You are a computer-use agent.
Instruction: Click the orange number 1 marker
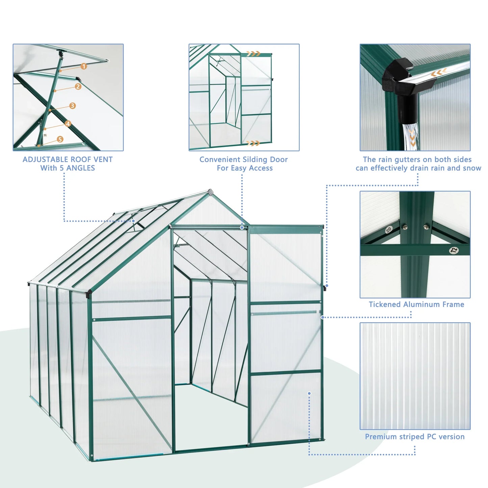84,67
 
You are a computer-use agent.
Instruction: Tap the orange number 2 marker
78,86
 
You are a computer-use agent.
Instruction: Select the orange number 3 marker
72,106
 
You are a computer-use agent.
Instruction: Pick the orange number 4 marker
68,124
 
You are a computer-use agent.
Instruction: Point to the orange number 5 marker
60,139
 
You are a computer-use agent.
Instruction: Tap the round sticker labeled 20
389,230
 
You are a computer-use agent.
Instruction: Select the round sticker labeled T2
454,250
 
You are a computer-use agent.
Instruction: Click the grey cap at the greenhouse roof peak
211,192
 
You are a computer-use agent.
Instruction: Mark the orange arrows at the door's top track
253,54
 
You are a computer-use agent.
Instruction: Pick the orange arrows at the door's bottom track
253,143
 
